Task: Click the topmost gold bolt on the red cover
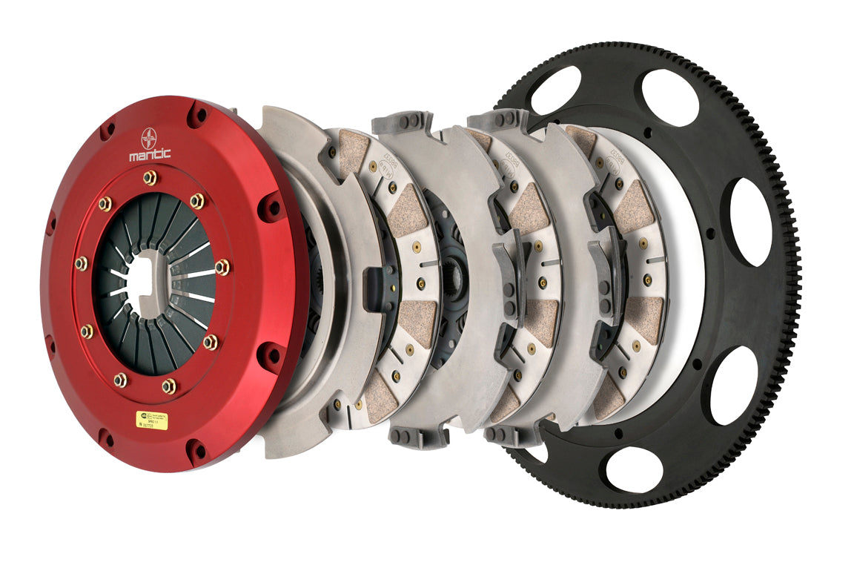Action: click(x=150, y=177)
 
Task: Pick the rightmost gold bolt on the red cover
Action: click(x=221, y=267)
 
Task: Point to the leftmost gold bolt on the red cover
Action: click(x=81, y=263)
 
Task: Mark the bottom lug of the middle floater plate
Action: click(x=419, y=437)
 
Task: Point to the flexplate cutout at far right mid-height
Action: click(x=750, y=222)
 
